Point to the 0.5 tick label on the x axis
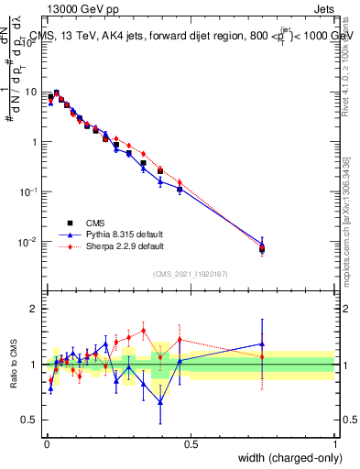tap(191, 443)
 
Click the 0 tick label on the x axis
tap(46, 443)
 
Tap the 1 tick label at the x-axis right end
tap(335, 443)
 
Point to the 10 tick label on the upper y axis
tap(31, 93)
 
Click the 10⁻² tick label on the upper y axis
tap(29, 242)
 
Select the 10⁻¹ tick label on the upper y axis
tap(29, 192)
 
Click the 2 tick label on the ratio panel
tap(35, 309)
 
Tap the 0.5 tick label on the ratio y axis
tap(31, 420)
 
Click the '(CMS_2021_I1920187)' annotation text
tap(191, 274)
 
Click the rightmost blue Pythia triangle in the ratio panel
tap(263, 344)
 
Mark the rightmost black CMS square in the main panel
tap(263, 249)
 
